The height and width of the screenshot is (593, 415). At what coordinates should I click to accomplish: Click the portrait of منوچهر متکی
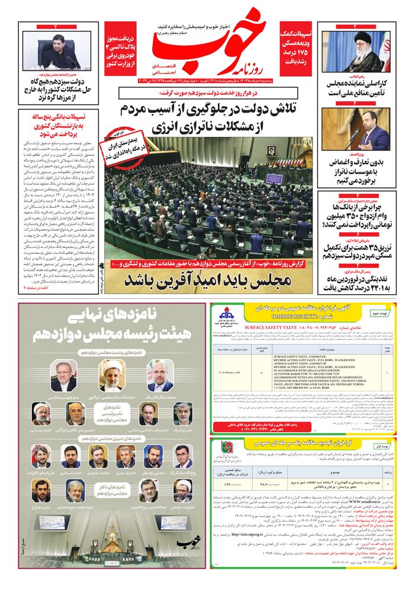pyautogui.click(x=63, y=377)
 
